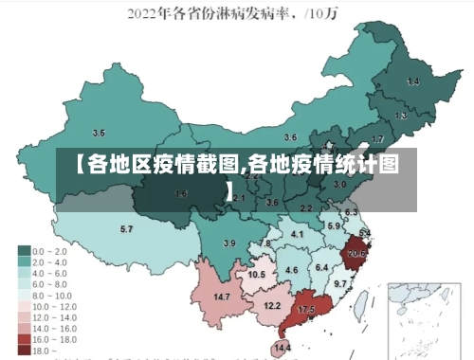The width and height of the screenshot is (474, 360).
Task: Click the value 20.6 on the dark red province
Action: click(x=356, y=253)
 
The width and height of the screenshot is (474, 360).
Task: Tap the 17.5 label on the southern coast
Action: click(x=306, y=310)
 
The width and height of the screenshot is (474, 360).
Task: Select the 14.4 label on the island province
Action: click(x=282, y=349)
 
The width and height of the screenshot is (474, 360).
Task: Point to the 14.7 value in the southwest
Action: click(x=222, y=297)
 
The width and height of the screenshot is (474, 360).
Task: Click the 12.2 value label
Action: click(x=272, y=305)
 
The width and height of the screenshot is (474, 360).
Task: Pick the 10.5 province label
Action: click(x=256, y=275)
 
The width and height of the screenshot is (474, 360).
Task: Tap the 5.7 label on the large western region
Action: click(x=126, y=229)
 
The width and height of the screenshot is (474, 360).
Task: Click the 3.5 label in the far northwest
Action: click(x=98, y=133)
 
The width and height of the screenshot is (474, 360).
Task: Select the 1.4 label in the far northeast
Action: click(x=412, y=82)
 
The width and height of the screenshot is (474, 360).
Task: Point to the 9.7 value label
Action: click(x=340, y=284)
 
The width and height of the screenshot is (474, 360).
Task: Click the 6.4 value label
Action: click(x=321, y=268)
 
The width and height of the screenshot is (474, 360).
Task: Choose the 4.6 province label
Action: click(x=292, y=271)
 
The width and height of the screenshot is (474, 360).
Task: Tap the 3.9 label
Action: click(x=228, y=243)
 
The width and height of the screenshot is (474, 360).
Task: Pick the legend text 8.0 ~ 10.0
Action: click(x=51, y=295)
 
